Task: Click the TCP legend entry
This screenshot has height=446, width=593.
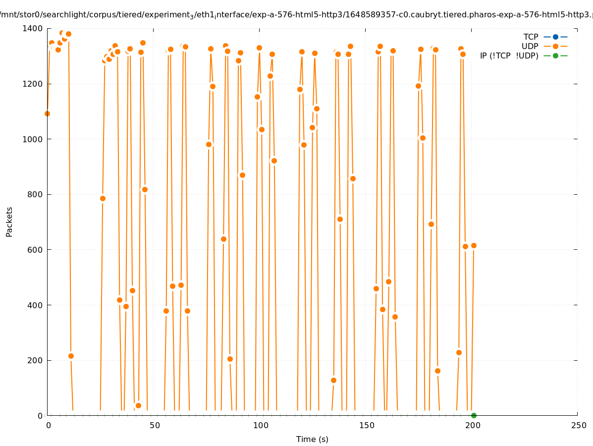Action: (x=531, y=37)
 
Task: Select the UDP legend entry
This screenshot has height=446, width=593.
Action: (x=530, y=46)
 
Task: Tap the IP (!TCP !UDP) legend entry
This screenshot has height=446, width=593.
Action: (x=509, y=56)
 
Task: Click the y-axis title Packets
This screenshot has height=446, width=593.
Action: (x=9, y=222)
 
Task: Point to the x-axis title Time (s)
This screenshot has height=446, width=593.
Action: (x=312, y=439)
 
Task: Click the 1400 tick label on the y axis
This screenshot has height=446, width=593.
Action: (x=33, y=29)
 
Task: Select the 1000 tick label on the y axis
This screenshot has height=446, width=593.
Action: (x=33, y=139)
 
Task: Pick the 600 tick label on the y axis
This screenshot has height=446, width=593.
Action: (x=35, y=250)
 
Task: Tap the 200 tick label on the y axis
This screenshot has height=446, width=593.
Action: (x=35, y=360)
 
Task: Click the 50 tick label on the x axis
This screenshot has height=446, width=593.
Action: (x=155, y=425)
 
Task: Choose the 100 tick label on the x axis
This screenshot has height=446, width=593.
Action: (x=261, y=425)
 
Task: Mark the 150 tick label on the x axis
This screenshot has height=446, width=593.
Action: (x=367, y=425)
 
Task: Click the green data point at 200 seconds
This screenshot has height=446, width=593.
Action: (x=474, y=415)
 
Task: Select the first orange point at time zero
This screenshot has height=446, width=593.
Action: (x=47, y=113)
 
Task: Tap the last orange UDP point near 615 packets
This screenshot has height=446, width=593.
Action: (x=474, y=245)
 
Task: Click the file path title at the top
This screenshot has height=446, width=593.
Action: (x=296, y=15)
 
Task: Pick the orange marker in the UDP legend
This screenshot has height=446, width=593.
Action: (x=555, y=46)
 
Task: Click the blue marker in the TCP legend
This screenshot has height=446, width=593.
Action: (x=555, y=37)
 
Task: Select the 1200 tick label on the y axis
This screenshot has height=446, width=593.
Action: (x=33, y=84)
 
